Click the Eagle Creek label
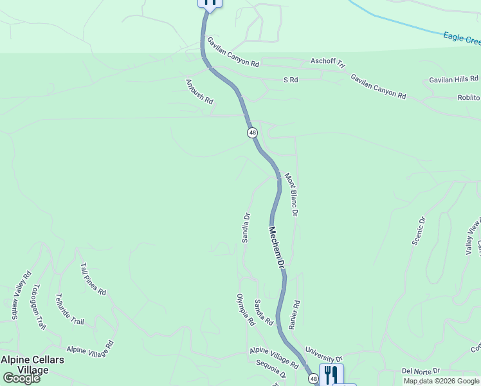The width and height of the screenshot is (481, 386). click(x=462, y=38)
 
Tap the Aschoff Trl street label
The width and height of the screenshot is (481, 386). click(x=328, y=62)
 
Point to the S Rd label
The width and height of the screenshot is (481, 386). click(x=291, y=80)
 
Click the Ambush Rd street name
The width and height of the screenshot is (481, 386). click(x=199, y=91)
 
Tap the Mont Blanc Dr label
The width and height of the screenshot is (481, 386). click(x=292, y=194)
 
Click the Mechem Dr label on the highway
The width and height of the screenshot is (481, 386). click(x=277, y=247)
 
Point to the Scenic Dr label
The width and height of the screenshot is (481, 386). click(x=419, y=231)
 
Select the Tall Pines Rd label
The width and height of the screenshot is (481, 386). click(x=93, y=279)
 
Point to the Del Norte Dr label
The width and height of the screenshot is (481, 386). click(x=421, y=371)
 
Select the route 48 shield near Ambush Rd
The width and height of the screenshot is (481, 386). click(x=252, y=133)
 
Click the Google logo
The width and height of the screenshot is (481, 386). click(x=21, y=378)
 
